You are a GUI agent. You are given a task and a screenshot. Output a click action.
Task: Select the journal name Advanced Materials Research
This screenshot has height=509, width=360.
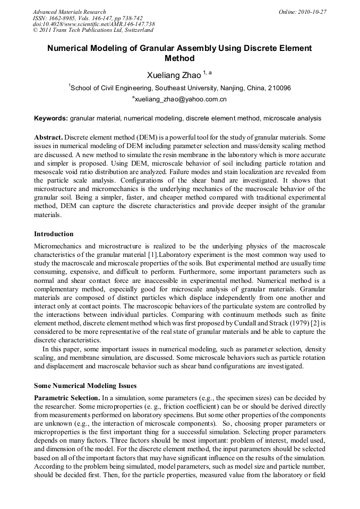point(69,12)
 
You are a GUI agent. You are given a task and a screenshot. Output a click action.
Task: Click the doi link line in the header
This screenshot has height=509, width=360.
point(93,24)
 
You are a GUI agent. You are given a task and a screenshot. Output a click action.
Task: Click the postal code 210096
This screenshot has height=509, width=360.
point(279,88)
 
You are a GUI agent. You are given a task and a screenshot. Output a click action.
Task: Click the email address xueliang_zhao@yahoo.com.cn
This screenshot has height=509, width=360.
point(181,99)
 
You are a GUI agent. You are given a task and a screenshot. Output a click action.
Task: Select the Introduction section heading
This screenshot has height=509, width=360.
point(54,234)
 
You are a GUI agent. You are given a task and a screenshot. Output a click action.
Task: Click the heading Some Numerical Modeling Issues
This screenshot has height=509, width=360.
point(85,385)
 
